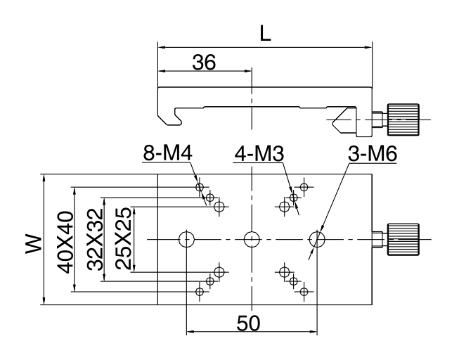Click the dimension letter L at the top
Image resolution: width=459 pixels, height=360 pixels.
(x=265, y=34)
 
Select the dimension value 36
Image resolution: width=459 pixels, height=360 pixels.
(x=203, y=62)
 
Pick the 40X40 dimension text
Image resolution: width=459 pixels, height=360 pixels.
(x=65, y=240)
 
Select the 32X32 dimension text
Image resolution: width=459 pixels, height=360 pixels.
(x=95, y=240)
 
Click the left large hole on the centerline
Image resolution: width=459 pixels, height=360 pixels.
(x=186, y=240)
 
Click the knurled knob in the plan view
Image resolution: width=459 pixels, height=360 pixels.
(x=403, y=240)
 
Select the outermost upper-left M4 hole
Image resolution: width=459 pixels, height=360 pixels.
(x=200, y=187)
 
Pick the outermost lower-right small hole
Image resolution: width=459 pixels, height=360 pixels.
(x=304, y=291)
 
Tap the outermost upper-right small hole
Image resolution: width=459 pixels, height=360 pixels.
(x=304, y=187)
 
